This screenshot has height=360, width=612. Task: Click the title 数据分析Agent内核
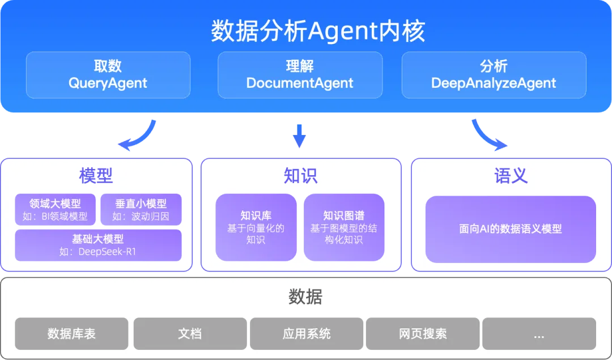click(318, 31)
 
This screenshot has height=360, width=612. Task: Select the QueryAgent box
click(108, 75)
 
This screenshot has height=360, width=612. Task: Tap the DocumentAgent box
click(300, 75)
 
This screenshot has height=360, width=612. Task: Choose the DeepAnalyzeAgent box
click(494, 75)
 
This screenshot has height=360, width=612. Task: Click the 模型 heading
click(96, 176)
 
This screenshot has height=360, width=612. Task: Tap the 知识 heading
click(300, 176)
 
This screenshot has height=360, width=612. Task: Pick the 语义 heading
click(511, 176)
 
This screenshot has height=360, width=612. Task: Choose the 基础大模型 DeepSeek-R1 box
click(98, 245)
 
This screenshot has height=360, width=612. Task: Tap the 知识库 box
click(256, 227)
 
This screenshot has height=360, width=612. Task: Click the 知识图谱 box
click(344, 227)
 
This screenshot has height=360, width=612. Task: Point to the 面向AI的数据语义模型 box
click(511, 229)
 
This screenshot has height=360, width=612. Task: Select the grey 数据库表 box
click(72, 333)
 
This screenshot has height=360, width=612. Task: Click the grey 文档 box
click(190, 333)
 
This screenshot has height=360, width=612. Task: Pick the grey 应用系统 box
click(307, 333)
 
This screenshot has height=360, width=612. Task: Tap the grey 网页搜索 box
click(423, 333)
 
